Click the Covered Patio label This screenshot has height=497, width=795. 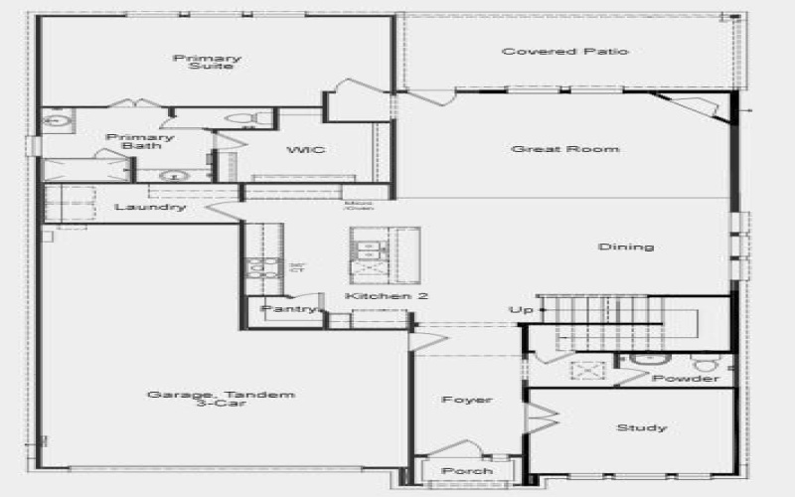click(564, 52)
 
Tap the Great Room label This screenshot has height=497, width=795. click(565, 149)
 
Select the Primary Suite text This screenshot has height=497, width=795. click(207, 62)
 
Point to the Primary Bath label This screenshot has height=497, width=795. click(126, 142)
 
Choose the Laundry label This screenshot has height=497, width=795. click(150, 207)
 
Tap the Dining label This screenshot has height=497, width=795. click(626, 247)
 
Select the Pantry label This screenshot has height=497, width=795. click(287, 309)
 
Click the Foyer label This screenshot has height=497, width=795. click(466, 400)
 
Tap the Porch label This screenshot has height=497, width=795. click(466, 470)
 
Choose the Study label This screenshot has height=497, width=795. click(641, 427)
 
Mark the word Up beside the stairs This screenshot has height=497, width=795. click(517, 311)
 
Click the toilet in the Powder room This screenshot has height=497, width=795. click(705, 363)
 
